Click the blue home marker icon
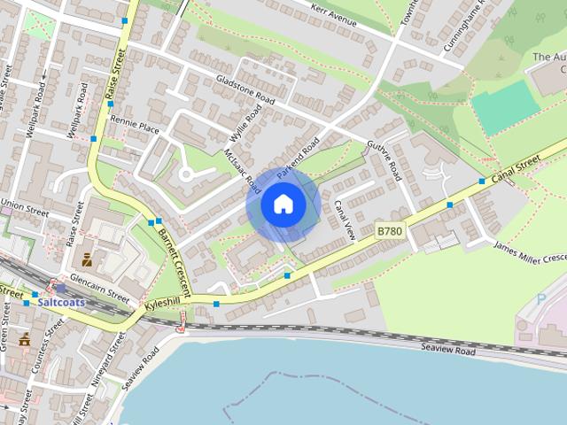(283, 205)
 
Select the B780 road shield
(389, 230)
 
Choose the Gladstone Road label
(245, 91)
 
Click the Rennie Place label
(136, 128)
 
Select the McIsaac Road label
(242, 169)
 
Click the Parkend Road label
(297, 158)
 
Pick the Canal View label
(344, 220)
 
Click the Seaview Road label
(448, 352)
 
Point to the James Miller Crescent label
(530, 251)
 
